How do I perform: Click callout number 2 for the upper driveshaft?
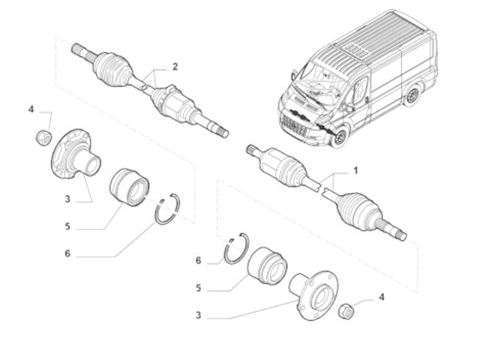175,67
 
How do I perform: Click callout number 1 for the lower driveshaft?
355,171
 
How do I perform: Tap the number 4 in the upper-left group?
31,110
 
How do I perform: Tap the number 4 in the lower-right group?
381,298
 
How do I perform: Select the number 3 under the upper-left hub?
67,199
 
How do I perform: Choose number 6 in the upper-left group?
67,253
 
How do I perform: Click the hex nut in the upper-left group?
43,138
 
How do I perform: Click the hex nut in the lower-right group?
346,309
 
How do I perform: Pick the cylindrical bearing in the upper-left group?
129,187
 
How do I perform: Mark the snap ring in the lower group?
236,247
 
